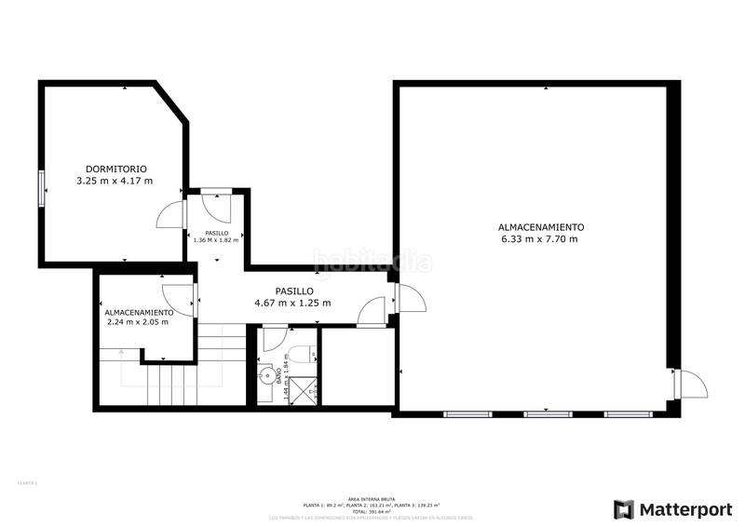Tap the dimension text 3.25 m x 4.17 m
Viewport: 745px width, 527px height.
point(115,181)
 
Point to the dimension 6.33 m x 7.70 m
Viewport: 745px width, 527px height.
point(539,239)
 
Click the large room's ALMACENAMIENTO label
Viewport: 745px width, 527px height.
point(540,227)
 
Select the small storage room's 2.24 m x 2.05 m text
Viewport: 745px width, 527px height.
point(138,322)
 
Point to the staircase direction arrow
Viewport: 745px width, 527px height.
point(121,352)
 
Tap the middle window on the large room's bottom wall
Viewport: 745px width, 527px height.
point(548,412)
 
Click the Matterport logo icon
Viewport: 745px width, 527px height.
point(623,509)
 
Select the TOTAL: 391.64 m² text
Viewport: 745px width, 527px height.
point(371,511)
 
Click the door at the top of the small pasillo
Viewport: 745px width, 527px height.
point(215,204)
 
